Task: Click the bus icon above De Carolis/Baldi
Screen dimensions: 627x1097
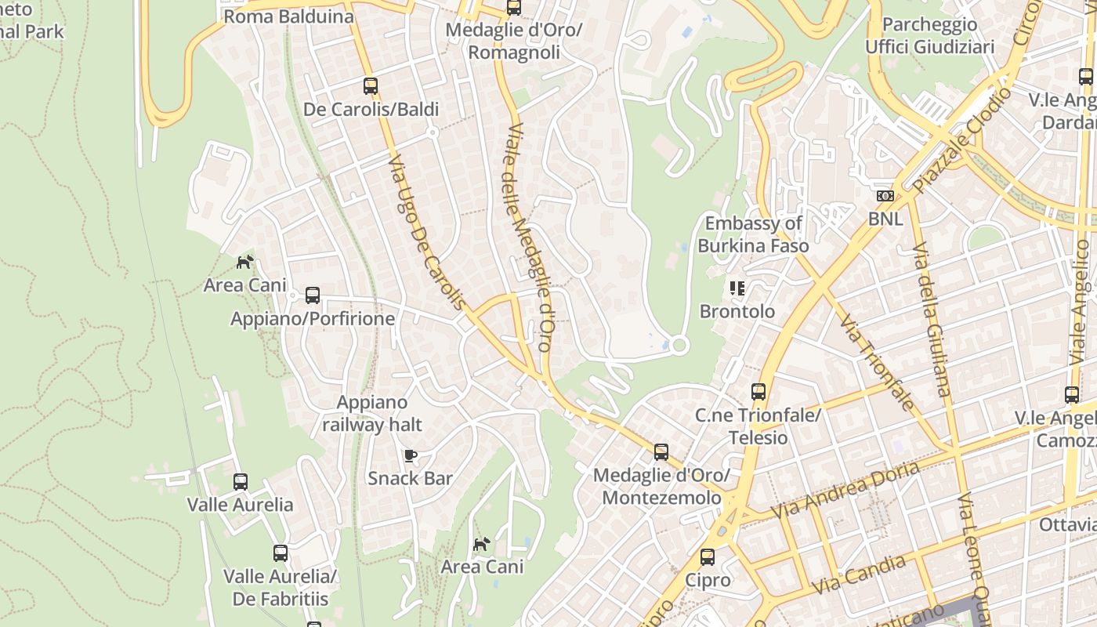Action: (x=371, y=86)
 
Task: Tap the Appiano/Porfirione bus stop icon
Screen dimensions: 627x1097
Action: (x=313, y=295)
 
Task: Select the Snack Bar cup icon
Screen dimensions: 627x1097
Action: (x=410, y=455)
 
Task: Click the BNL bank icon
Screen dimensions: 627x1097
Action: (x=885, y=196)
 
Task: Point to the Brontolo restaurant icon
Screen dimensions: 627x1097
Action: (x=737, y=288)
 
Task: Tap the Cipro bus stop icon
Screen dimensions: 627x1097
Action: (x=708, y=557)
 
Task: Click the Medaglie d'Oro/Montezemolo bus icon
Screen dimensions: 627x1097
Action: (x=661, y=452)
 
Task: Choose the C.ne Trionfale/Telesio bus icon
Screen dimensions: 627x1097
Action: (x=758, y=392)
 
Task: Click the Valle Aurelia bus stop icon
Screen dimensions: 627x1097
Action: (x=241, y=482)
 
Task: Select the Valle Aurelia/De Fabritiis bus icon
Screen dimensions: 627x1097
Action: (x=281, y=553)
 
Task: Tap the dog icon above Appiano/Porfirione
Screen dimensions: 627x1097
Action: (x=245, y=262)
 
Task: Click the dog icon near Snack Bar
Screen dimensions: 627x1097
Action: (x=481, y=544)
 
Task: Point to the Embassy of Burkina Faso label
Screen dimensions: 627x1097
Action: (x=753, y=234)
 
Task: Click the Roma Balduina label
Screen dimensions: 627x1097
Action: (x=288, y=16)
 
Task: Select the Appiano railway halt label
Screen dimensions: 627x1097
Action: (x=372, y=414)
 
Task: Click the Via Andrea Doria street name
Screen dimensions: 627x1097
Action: (x=845, y=490)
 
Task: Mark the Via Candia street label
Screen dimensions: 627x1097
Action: (x=859, y=574)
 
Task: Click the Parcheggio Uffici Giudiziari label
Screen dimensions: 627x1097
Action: (x=929, y=36)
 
